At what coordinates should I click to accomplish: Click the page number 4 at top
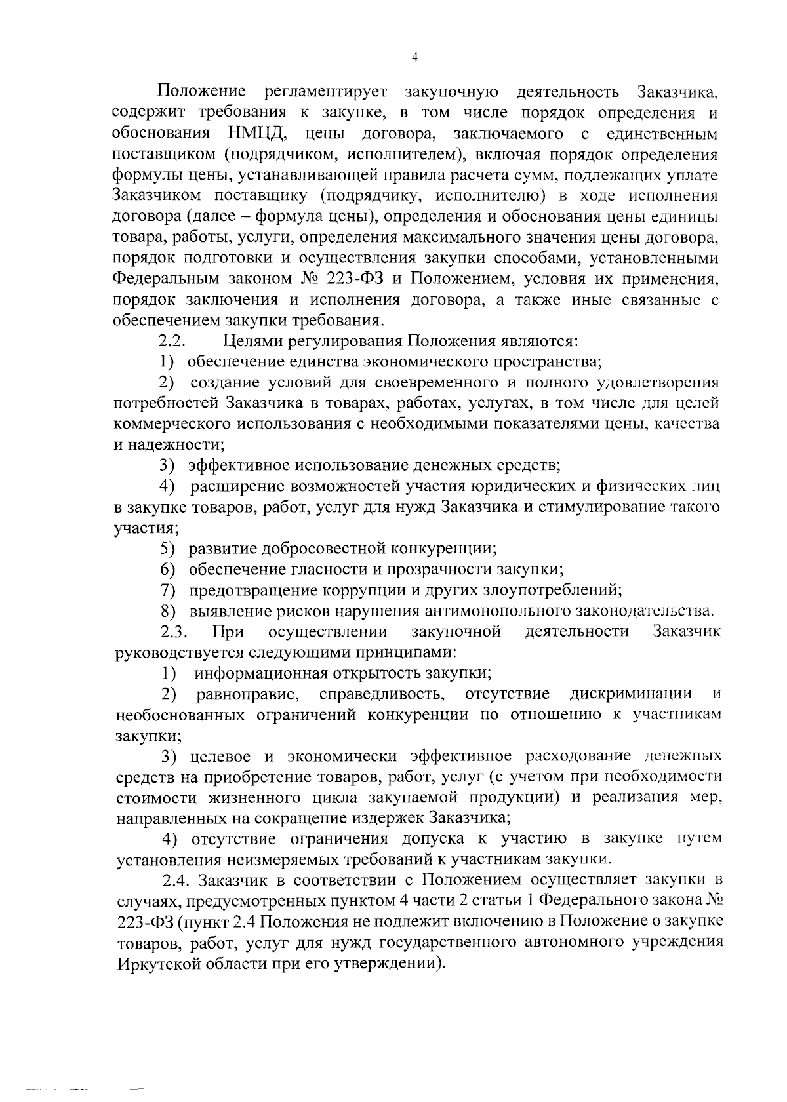414,57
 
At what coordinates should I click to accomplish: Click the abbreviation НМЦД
258,134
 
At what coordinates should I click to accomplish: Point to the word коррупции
359,590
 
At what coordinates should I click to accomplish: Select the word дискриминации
631,694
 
